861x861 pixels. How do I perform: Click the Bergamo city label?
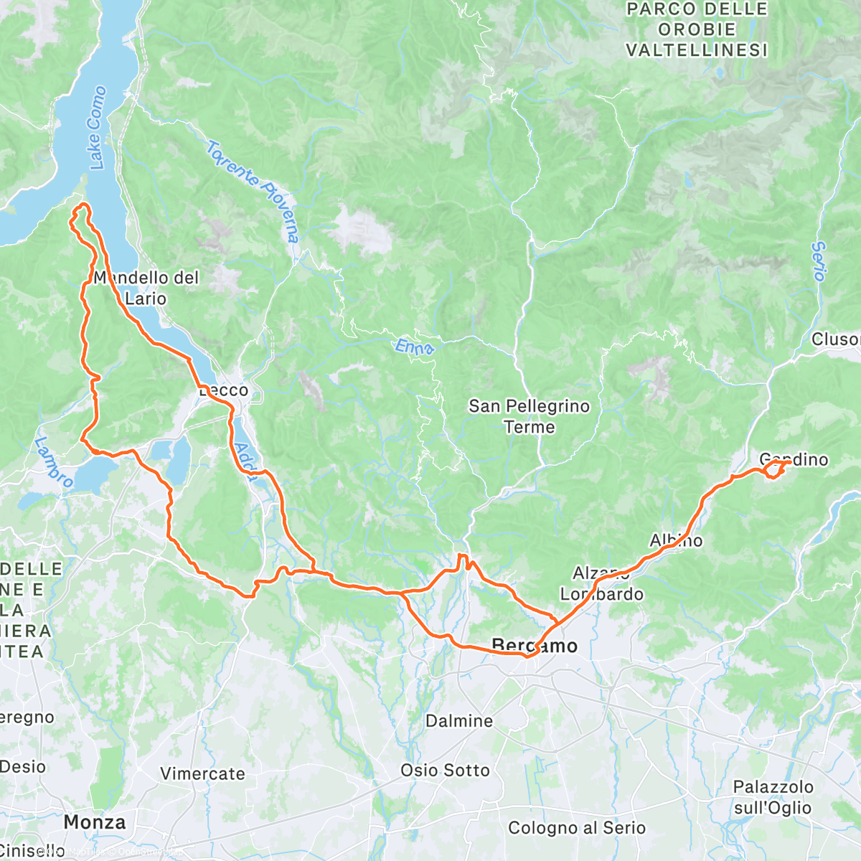coord(535,646)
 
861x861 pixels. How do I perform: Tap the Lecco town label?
coord(224,390)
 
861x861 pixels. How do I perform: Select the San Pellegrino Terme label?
coord(529,416)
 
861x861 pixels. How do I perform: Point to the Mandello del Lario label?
coord(146,287)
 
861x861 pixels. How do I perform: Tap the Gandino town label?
coord(794,459)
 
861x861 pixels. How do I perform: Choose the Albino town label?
coord(676,540)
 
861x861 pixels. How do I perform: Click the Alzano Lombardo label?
coord(601,583)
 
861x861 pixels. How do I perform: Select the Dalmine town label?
coord(459,721)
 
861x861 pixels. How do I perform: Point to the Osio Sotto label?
coord(445,770)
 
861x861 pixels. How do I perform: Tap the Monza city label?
coord(94,822)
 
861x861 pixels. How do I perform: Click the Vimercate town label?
coord(202,773)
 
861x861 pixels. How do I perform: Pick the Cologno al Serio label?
coord(577,828)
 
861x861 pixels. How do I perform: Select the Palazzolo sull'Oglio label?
coord(773,797)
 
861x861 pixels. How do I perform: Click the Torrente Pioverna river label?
coord(253,191)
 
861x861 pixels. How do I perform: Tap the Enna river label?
coord(415,347)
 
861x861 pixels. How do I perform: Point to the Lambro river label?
coord(53,462)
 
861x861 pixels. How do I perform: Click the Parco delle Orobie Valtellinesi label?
coord(696,30)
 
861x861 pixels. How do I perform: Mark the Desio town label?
coord(22,766)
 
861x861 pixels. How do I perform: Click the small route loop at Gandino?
coord(773,469)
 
